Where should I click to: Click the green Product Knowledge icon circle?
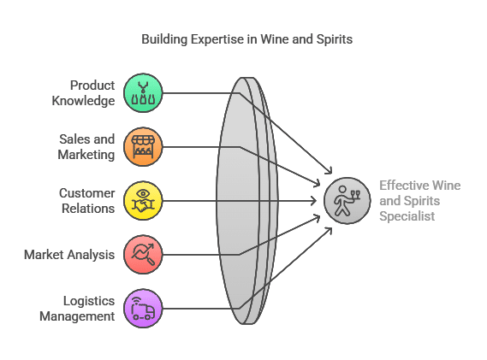tap(143, 93)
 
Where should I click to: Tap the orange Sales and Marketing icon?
tap(143, 147)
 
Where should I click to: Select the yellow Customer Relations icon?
tap(143, 201)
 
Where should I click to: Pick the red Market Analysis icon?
tap(143, 255)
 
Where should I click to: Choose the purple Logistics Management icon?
tap(143, 309)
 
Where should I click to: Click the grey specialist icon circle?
tap(347, 201)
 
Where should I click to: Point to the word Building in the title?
tap(164, 39)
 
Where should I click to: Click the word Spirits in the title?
tap(335, 39)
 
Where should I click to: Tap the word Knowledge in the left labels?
tap(83, 101)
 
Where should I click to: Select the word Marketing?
tap(86, 155)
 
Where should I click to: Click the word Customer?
tap(87, 193)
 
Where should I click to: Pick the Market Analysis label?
tap(69, 255)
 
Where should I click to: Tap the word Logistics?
tap(89, 301)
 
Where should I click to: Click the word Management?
tap(77, 316)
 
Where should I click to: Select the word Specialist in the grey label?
tap(407, 216)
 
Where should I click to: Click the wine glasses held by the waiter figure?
tap(355, 195)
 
